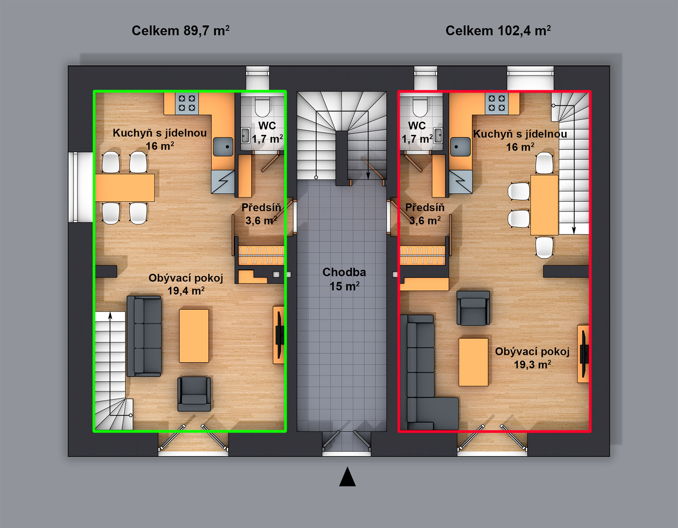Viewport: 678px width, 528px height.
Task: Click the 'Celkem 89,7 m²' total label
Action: tap(180, 31)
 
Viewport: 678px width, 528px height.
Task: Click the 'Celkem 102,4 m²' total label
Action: tap(498, 31)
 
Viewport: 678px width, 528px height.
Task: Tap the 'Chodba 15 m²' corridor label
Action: tap(344, 279)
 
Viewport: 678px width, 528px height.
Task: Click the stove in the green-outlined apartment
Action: tap(187, 103)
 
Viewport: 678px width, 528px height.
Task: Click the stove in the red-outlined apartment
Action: tap(496, 103)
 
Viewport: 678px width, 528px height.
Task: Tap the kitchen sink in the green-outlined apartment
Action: tap(223, 146)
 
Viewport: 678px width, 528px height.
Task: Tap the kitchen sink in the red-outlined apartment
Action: tap(460, 146)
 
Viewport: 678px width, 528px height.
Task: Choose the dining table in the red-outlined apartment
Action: tap(544, 205)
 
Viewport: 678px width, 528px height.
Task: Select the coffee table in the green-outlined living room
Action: tap(194, 336)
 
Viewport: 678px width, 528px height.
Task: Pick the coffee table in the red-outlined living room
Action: tap(474, 362)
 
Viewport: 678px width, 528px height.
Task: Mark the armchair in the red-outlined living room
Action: tap(473, 308)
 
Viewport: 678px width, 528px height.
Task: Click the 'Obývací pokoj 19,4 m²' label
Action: tap(186, 284)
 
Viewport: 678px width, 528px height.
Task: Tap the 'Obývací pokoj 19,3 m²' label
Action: tap(532, 358)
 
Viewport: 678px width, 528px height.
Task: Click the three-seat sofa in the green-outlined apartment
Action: tap(144, 336)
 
